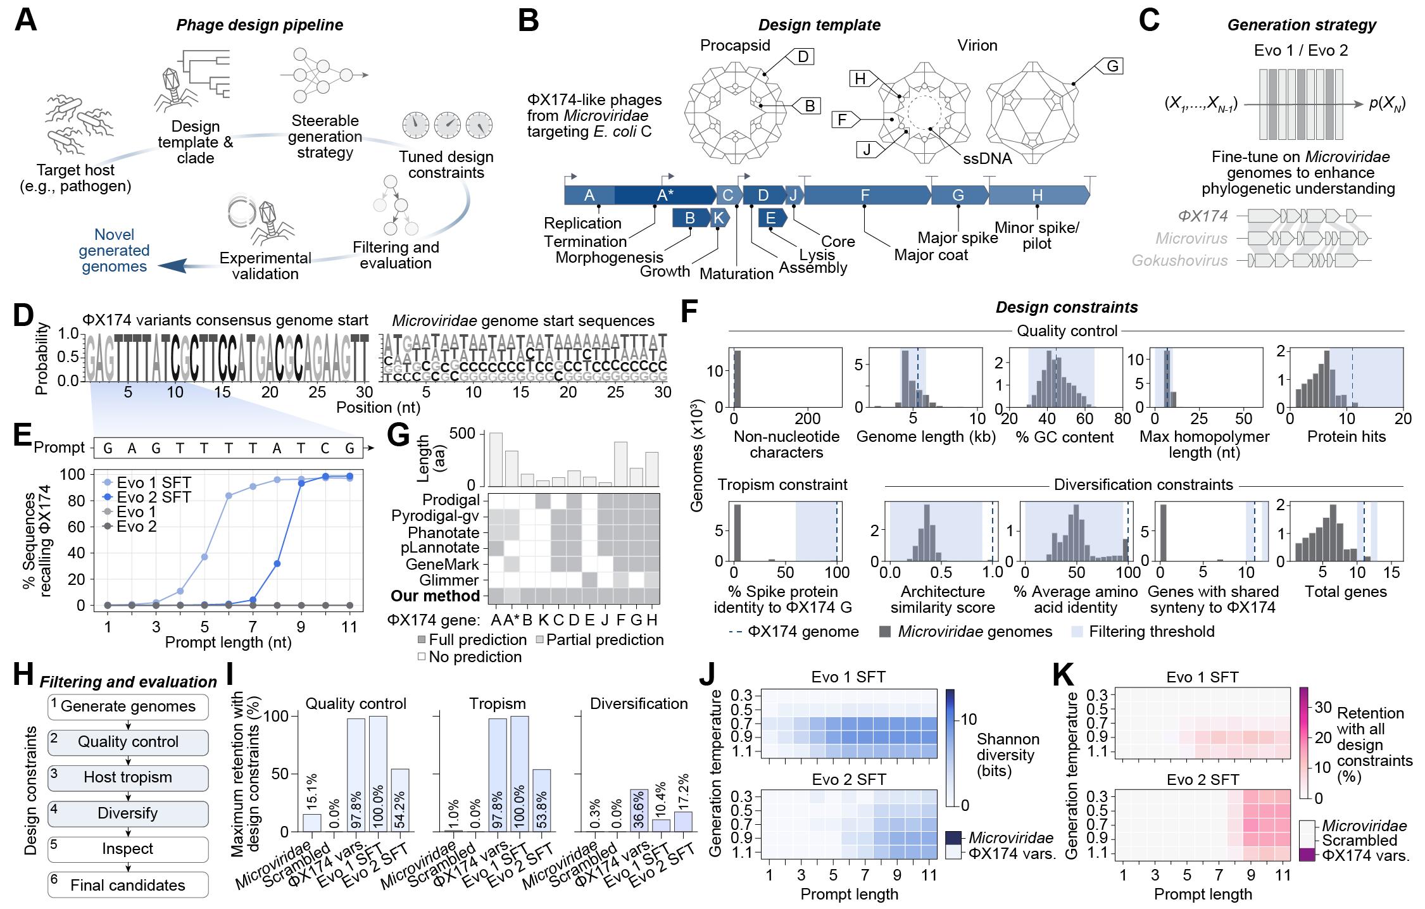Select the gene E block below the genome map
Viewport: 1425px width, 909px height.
point(771,218)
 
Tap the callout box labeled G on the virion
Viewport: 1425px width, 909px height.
point(1112,66)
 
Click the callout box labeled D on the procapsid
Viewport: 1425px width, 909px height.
point(802,57)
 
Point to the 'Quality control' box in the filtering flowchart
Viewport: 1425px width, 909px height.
point(128,742)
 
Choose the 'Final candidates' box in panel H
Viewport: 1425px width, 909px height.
point(128,885)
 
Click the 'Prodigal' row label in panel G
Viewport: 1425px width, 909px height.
point(452,500)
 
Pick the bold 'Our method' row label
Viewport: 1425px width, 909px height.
point(435,596)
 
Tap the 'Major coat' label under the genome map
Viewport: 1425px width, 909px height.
point(931,255)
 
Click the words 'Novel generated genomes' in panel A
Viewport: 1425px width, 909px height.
point(114,251)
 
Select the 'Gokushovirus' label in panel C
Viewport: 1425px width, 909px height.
point(1179,260)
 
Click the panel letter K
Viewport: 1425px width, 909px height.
point(1064,675)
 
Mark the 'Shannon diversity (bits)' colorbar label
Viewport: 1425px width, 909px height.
point(1008,755)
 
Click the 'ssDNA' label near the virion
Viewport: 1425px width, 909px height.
point(987,158)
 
